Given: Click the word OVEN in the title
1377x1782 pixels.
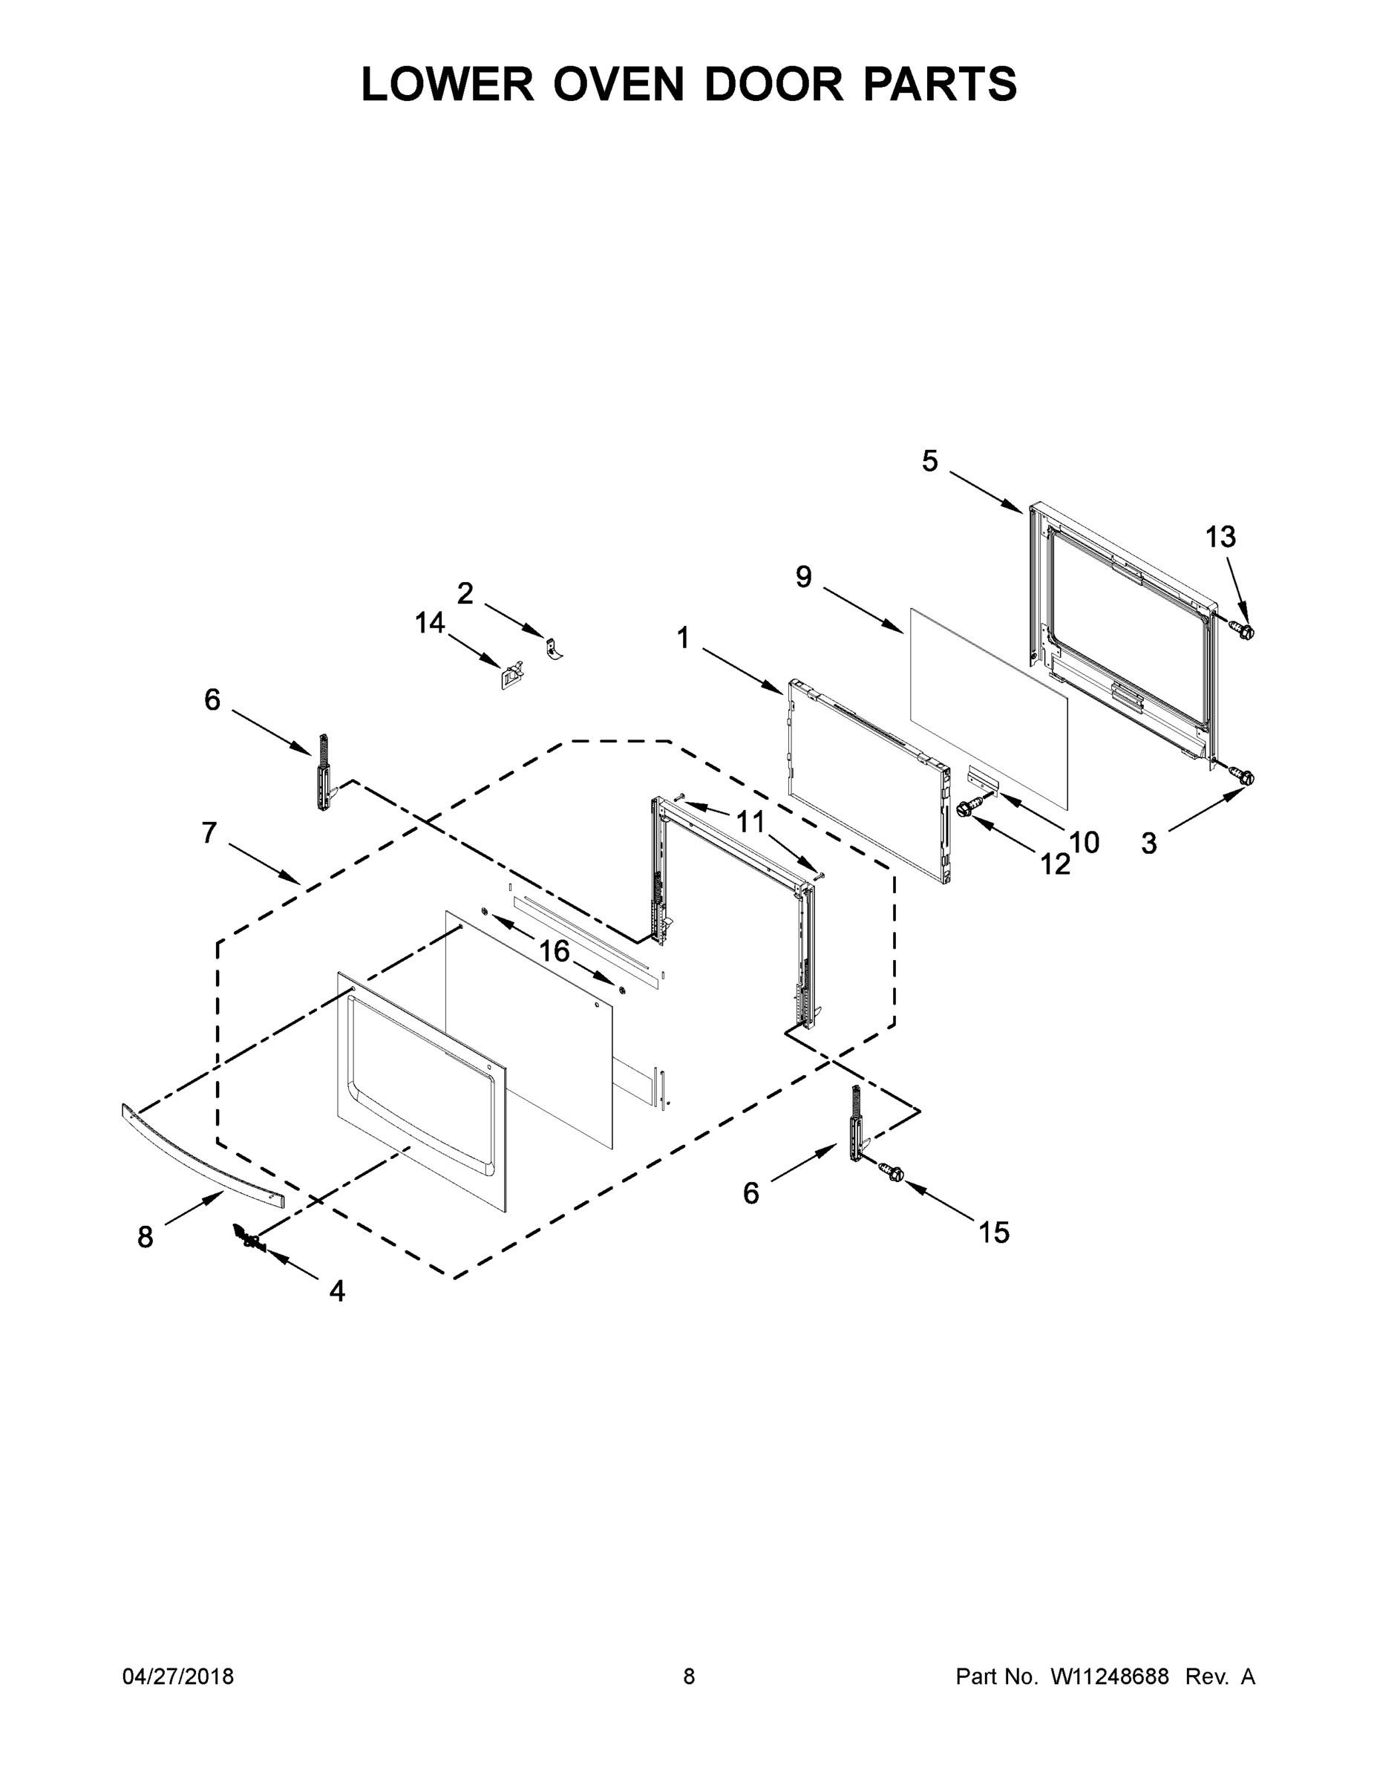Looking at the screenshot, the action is [618, 84].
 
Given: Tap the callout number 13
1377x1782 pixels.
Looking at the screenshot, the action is [1220, 537].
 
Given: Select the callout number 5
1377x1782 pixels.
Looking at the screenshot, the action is [930, 462].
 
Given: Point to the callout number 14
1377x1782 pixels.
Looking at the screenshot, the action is [430, 624].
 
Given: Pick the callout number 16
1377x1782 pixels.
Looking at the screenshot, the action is [554, 950].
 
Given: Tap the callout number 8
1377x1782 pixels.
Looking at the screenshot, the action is [145, 1238].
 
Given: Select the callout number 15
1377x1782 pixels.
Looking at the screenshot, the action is [994, 1232].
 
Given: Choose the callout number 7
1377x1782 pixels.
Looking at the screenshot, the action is [209, 833].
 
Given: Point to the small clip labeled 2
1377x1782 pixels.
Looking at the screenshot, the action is [554, 648].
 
